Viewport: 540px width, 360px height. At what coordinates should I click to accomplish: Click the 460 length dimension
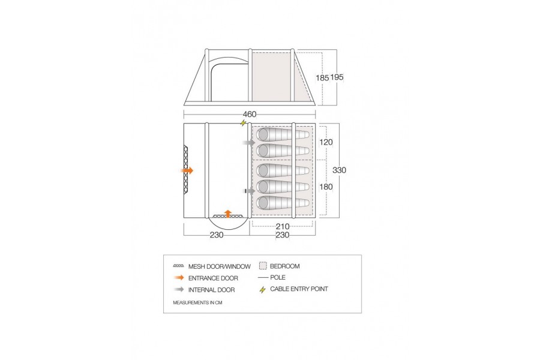click(x=250, y=115)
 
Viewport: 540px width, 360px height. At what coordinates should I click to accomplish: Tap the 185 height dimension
click(x=322, y=77)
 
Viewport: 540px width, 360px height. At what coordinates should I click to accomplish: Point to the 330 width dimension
click(x=340, y=170)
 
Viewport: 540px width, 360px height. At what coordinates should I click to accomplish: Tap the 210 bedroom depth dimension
click(x=283, y=227)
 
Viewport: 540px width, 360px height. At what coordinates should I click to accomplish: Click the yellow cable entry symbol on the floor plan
click(x=243, y=124)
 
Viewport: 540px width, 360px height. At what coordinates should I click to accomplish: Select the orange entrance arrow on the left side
click(x=187, y=170)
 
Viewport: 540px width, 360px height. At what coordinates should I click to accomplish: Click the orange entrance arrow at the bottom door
click(x=227, y=212)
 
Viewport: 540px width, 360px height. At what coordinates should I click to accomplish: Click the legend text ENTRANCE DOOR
click(x=213, y=278)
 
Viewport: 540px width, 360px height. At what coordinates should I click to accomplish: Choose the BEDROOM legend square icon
click(x=263, y=266)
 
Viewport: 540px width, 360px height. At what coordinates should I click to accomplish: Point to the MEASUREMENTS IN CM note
click(x=197, y=303)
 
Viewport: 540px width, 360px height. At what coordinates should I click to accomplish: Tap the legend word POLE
click(x=278, y=278)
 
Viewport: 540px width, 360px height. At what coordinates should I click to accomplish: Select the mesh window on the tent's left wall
click(x=186, y=170)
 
